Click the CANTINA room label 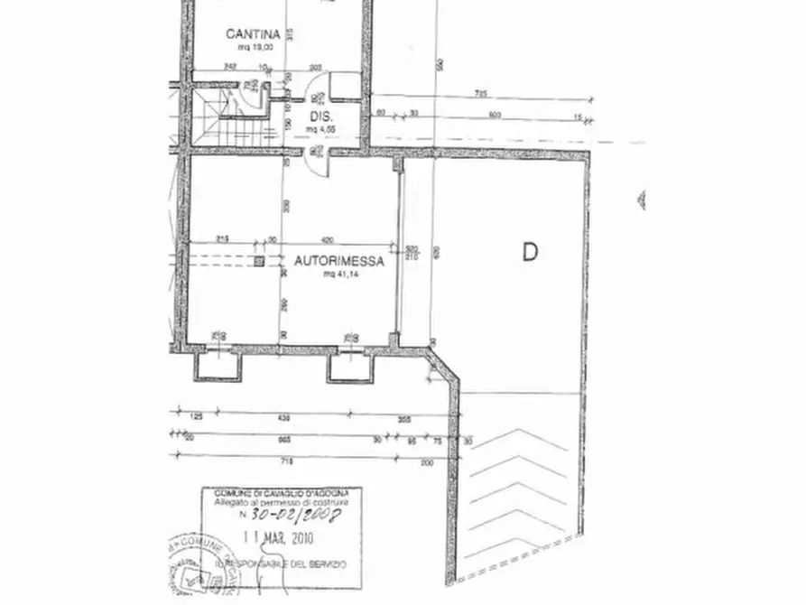click(x=246, y=34)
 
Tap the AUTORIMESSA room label click(x=339, y=262)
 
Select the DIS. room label click(x=322, y=118)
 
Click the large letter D click(x=530, y=253)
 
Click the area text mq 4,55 click(x=322, y=129)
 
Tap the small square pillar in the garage click(x=259, y=262)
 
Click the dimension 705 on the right click(x=481, y=94)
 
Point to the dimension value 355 click(x=404, y=420)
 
